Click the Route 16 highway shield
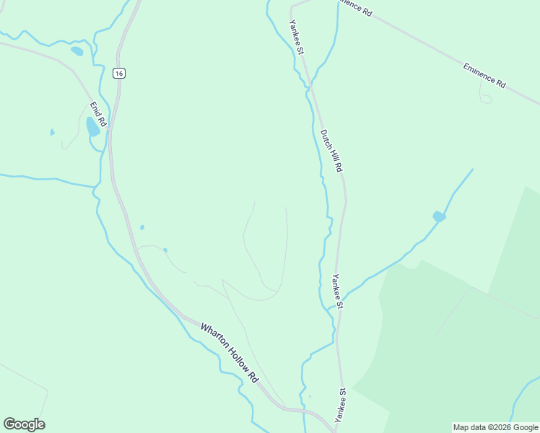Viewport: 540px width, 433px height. [119, 73]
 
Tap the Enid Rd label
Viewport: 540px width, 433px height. [97, 115]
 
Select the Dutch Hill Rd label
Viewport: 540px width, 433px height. [331, 150]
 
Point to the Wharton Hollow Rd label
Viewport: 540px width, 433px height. [229, 352]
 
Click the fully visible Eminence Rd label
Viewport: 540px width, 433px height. [484, 74]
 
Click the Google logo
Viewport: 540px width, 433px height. [24, 424]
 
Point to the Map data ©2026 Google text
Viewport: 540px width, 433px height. [496, 427]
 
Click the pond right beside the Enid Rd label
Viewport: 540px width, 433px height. [92, 127]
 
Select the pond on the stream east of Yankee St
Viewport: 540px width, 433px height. [439, 216]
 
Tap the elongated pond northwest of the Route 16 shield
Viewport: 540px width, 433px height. [77, 51]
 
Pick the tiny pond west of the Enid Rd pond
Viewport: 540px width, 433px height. [52, 132]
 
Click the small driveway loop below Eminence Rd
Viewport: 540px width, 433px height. [486, 97]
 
